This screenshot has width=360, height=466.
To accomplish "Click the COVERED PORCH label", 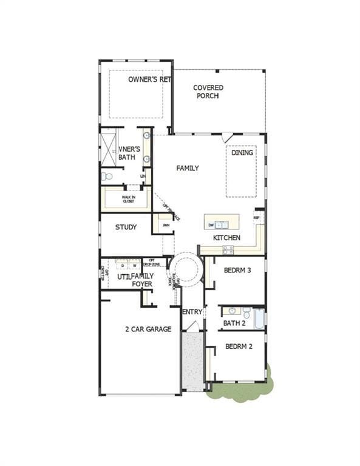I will point(208,92).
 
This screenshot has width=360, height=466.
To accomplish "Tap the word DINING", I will point(242,153).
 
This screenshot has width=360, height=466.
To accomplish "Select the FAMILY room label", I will point(188,168).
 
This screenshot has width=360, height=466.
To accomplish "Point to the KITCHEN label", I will point(226,237).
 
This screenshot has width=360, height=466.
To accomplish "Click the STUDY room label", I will point(126,228).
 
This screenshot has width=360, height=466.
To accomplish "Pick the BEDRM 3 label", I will point(237,271).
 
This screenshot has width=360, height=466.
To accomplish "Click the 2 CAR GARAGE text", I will point(148,329).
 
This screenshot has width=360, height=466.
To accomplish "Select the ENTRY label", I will point(192,312).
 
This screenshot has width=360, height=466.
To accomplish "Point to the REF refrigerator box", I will point(256,217).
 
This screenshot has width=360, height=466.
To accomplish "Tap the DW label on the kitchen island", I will point(211,225).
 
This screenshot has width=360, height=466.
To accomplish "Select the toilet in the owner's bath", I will point(107,177).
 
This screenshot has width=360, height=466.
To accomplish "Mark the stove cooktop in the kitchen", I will point(228,249).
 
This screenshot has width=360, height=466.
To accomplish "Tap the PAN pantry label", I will point(166,225).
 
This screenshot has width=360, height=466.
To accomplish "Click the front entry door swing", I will point(192,327).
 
